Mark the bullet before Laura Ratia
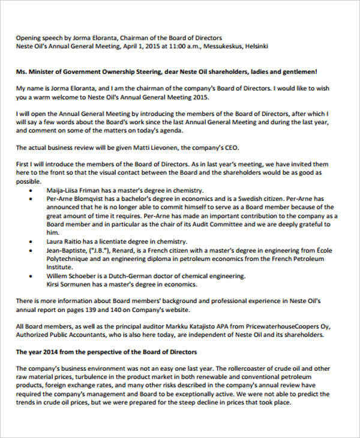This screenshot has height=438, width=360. click(x=31, y=242)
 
